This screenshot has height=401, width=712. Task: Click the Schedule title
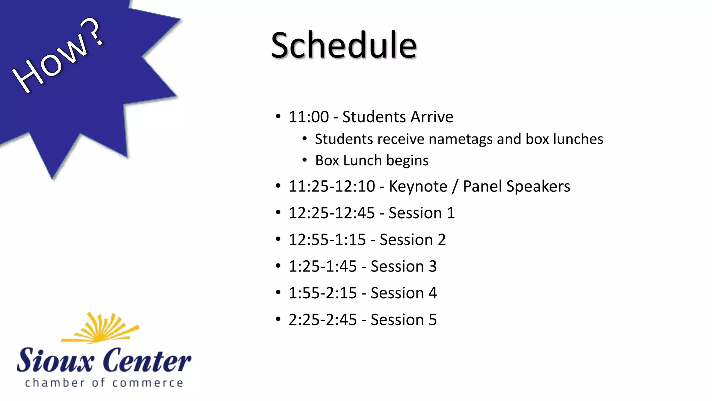click(343, 45)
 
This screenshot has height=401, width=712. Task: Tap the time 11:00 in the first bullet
click(308, 117)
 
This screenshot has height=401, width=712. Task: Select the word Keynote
click(418, 187)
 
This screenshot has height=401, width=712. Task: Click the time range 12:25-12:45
click(331, 213)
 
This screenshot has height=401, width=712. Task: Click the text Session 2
click(412, 240)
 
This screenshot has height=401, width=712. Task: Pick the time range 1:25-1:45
click(322, 267)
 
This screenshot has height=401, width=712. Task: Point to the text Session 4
click(403, 293)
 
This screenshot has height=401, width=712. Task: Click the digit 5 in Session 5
click(432, 320)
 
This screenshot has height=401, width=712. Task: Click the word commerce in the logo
click(147, 383)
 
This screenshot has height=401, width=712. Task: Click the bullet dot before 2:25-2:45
click(278, 319)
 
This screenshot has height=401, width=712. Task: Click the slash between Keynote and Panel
click(455, 187)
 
